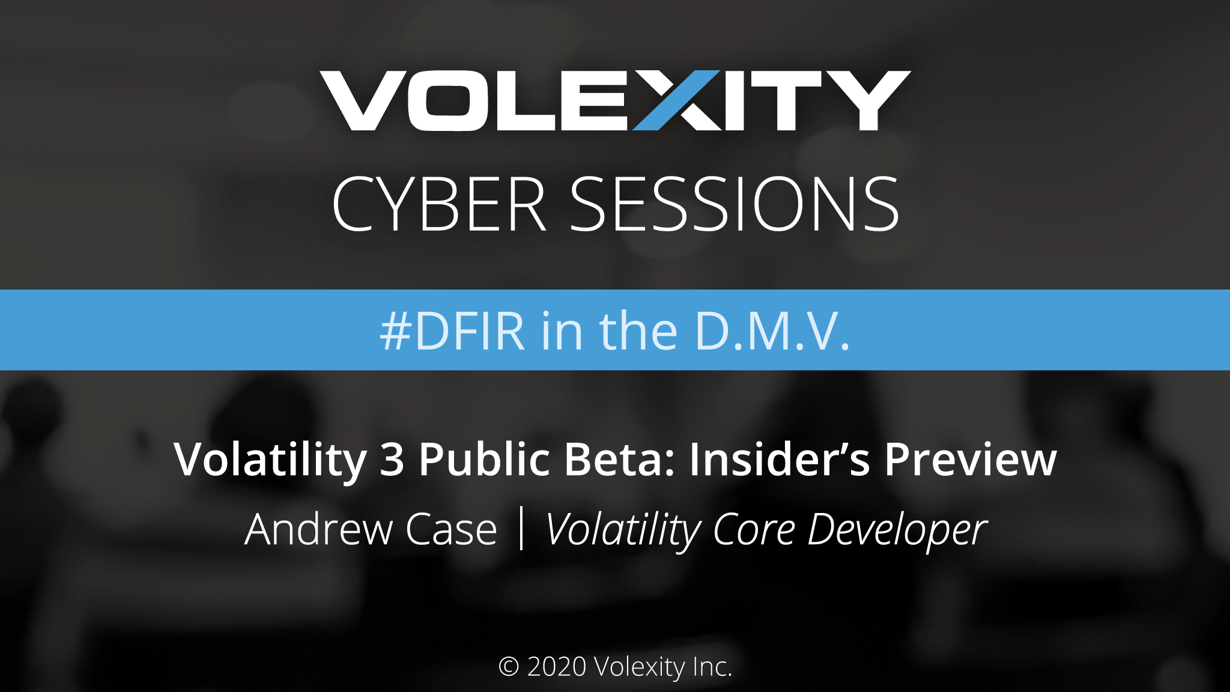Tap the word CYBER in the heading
coord(438,204)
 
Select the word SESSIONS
coord(734,204)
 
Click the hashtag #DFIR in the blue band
coord(452,331)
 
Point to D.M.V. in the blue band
coord(772,331)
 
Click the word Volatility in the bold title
coord(270,460)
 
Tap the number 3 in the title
coord(392,460)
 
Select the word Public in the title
coord(485,460)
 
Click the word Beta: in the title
coord(620,460)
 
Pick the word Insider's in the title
coord(779,460)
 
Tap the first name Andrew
coord(318,530)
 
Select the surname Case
coord(451,530)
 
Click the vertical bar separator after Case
coord(521,529)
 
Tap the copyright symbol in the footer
coord(509,667)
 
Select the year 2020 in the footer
coord(557,667)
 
